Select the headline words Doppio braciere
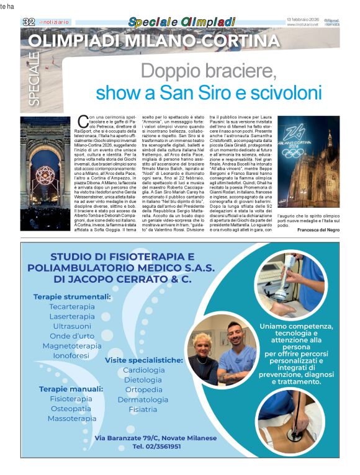209,72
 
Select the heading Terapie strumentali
72,297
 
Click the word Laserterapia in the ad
72,316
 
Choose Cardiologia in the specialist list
143,370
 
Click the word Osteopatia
71,409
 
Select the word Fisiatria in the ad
143,410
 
